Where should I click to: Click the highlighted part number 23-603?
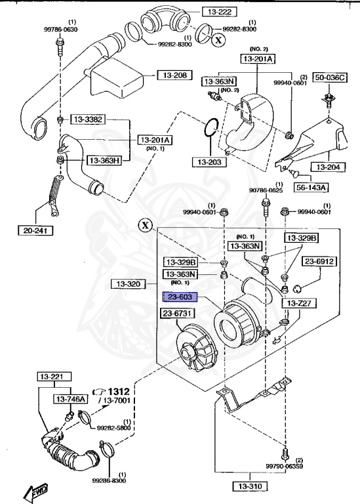click(180, 297)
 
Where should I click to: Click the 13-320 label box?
click(125, 284)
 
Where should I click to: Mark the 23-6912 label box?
click(319, 261)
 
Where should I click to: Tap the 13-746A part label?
click(70, 399)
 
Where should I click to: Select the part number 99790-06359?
click(284, 466)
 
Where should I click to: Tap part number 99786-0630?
click(62, 30)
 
